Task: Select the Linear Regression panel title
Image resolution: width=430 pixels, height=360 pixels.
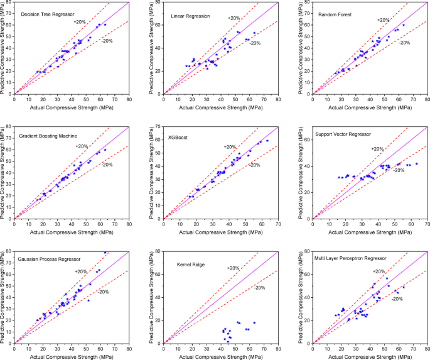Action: click(191, 14)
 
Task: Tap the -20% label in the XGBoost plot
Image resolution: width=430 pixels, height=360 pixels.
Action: click(254, 165)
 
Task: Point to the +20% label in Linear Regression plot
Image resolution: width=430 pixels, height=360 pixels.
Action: click(234, 19)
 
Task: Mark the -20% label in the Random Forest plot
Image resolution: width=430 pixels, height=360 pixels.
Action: click(404, 43)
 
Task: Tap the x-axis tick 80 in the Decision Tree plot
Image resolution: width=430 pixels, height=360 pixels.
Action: click(129, 99)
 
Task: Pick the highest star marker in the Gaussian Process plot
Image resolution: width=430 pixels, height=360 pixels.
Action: click(105, 252)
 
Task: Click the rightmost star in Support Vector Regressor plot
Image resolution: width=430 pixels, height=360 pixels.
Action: click(416, 164)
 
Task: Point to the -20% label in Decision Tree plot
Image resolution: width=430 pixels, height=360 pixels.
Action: click(107, 41)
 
